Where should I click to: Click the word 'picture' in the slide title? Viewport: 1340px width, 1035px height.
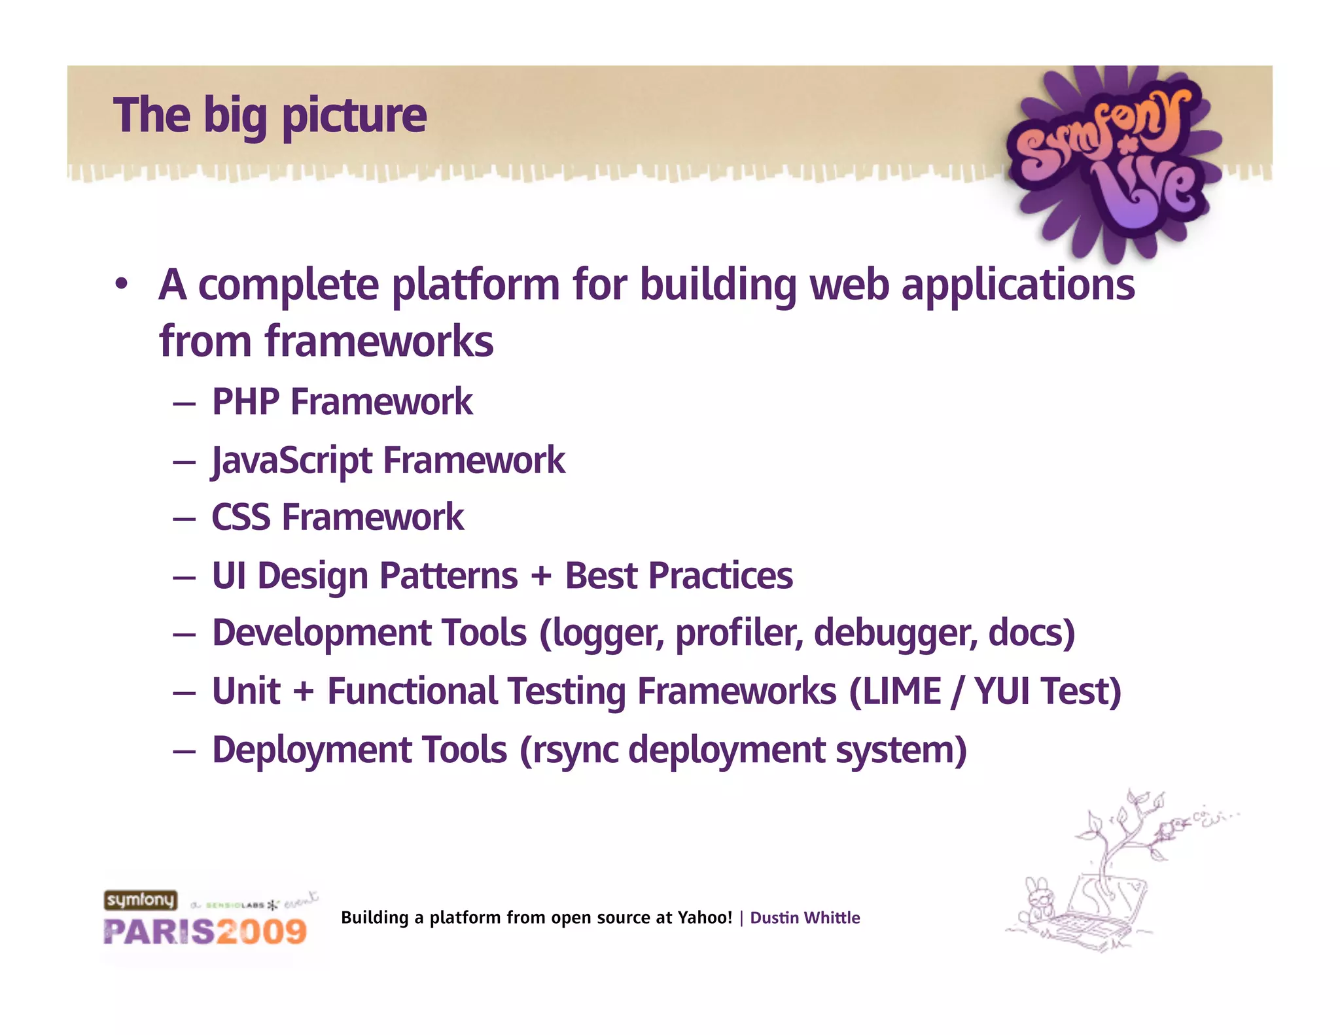pos(354,116)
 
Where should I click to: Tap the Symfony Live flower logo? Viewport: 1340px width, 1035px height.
pos(1112,160)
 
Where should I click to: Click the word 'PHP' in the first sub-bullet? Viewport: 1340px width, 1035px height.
pos(245,402)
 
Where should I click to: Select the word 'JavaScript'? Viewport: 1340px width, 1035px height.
pos(292,461)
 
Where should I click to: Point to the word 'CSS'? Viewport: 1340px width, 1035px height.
pos(240,517)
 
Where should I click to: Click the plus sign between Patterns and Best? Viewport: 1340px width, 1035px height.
pos(541,576)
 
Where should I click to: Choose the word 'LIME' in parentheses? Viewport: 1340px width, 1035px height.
pos(902,692)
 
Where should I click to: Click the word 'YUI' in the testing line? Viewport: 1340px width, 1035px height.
pos(1001,692)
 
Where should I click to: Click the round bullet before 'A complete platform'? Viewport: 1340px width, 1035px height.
pos(121,286)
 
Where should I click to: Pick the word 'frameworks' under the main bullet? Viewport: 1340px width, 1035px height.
pos(379,342)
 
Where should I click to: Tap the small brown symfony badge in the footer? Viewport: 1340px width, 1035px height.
pos(141,900)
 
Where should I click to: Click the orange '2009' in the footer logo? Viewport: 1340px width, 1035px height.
pos(262,932)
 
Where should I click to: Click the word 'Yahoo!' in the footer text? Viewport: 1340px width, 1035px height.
pos(705,918)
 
